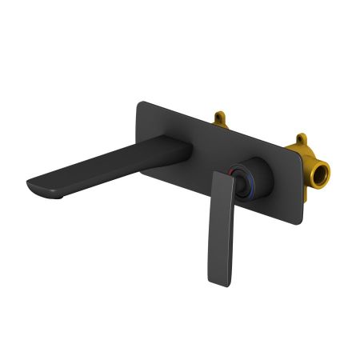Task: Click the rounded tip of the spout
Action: [30, 186]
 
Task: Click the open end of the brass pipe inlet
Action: [321, 175]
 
